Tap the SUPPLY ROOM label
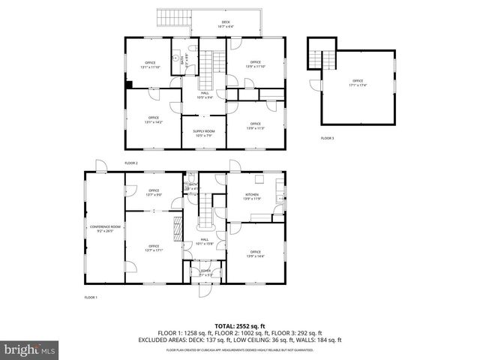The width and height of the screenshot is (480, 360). tap(204, 133)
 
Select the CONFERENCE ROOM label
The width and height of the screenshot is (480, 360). tap(105, 229)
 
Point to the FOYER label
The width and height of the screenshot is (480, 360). tap(205, 273)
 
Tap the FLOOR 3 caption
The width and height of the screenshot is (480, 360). tap(328, 138)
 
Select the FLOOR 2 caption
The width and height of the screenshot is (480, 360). tap(131, 162)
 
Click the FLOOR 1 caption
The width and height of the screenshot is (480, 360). tap(91, 297)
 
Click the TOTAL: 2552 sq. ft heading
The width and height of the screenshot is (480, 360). tap(239, 326)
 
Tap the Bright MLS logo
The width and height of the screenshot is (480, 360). tap(30, 349)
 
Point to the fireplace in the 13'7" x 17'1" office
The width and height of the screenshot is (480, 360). tap(178, 228)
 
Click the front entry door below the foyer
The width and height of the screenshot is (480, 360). tap(205, 291)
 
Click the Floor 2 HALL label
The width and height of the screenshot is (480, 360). tap(204, 95)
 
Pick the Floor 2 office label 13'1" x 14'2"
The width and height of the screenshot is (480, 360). tap(153, 119)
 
